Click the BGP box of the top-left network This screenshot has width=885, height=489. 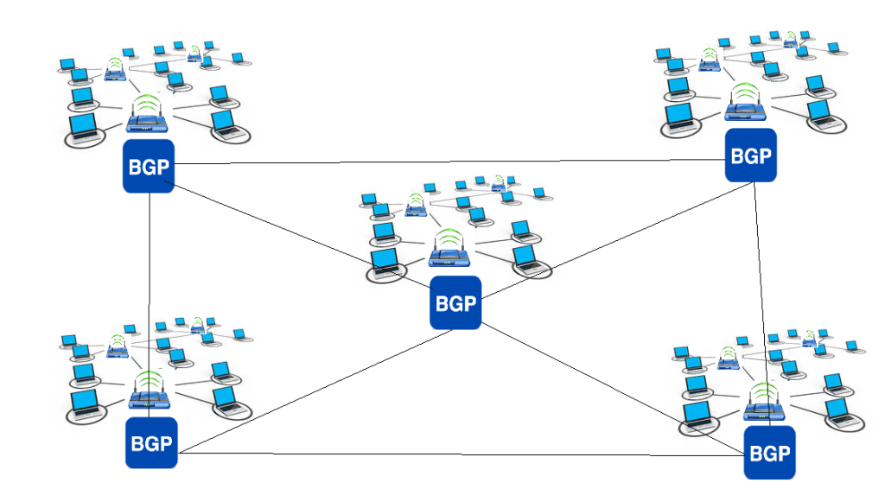click(x=149, y=166)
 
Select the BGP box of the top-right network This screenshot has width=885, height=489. click(x=750, y=156)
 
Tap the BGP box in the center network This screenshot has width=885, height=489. click(x=455, y=302)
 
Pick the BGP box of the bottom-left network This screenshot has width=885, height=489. click(x=151, y=443)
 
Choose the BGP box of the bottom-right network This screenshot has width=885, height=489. click(x=769, y=452)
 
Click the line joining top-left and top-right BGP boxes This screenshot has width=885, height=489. click(x=449, y=161)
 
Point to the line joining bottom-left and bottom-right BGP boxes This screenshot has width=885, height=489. click(x=458, y=454)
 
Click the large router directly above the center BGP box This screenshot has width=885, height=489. click(x=449, y=257)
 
